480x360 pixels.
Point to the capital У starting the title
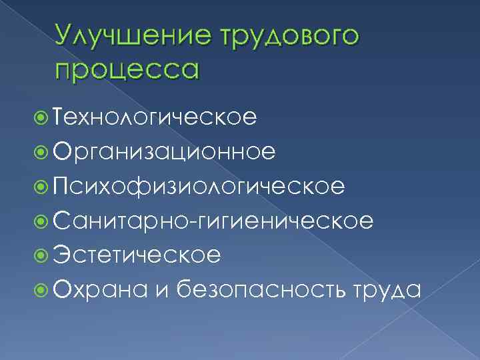tap(64, 37)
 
